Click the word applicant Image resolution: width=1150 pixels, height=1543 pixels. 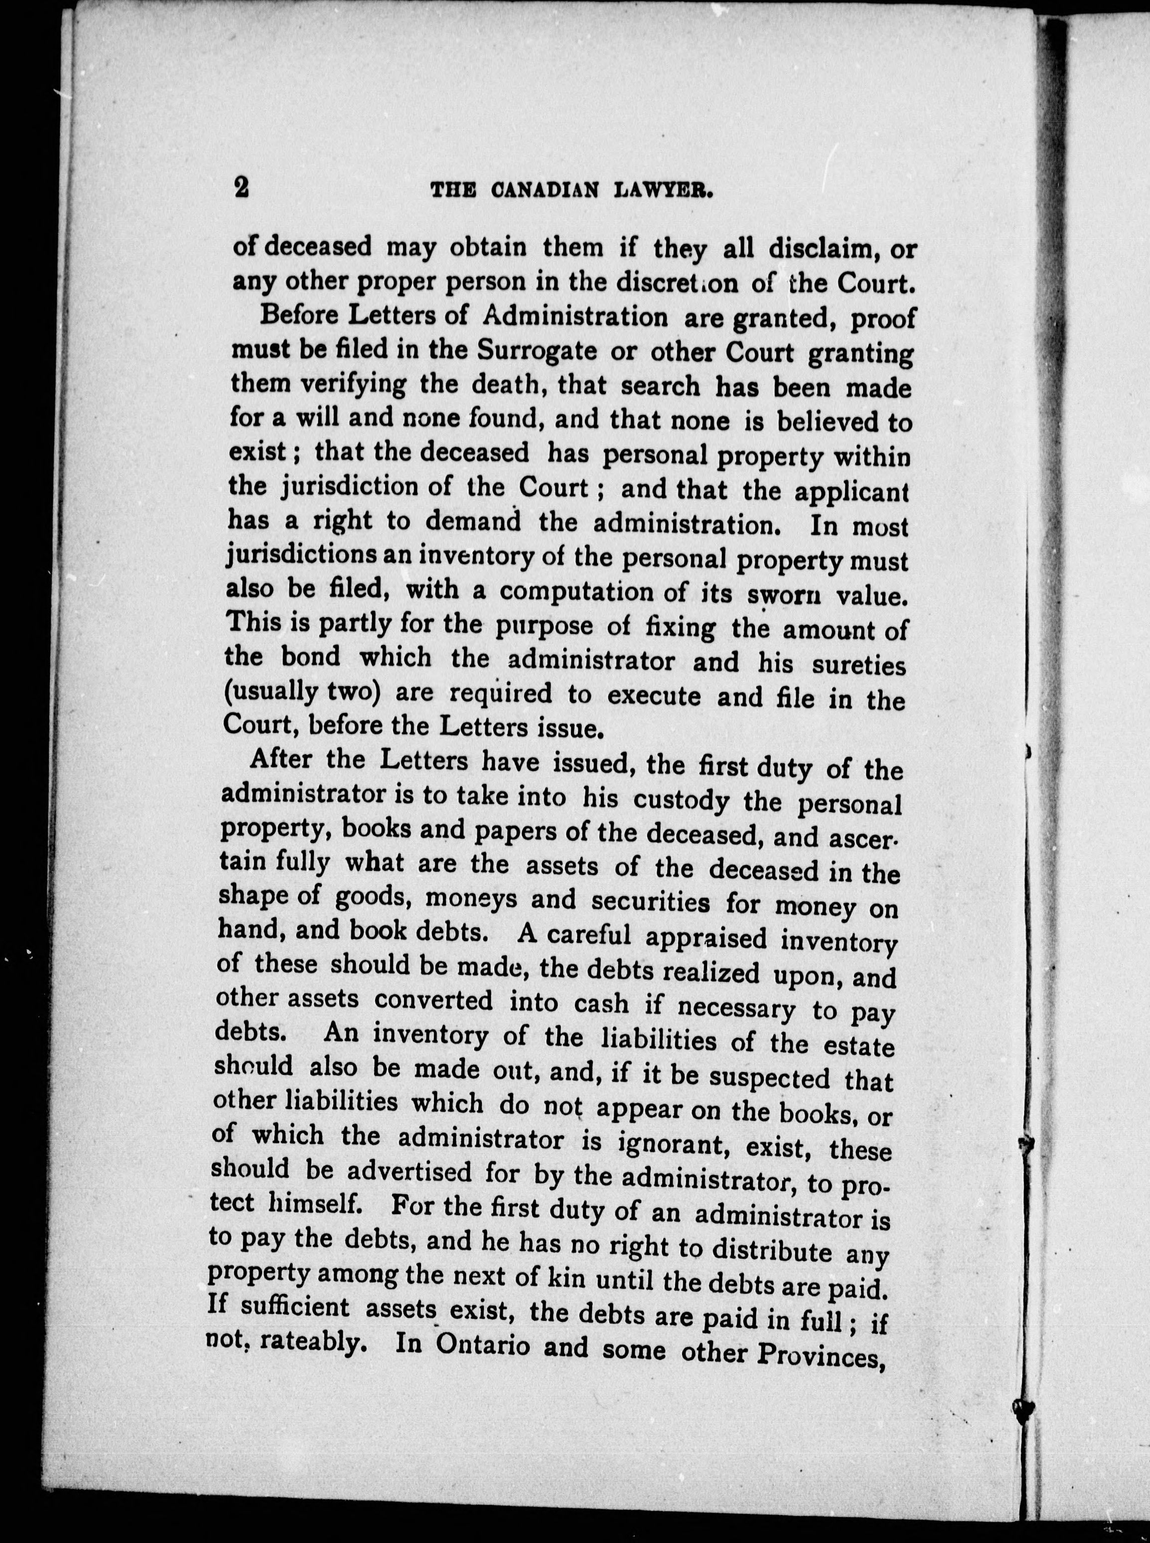(x=852, y=491)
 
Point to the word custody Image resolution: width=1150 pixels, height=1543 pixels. (x=681, y=799)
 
